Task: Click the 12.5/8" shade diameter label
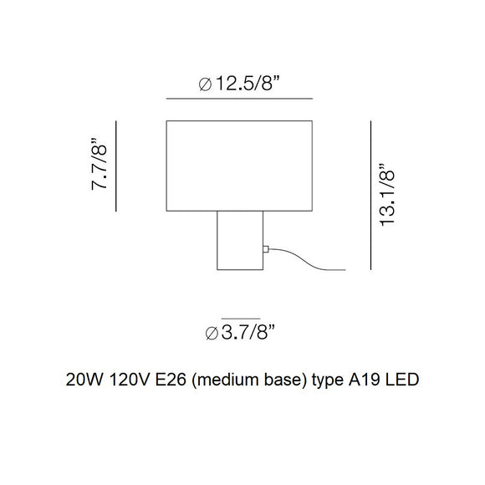point(239,84)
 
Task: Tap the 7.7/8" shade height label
point(99,164)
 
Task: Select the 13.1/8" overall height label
point(387,195)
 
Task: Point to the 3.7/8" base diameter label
point(240,333)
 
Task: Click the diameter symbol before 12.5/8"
point(205,84)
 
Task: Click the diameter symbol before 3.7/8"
point(212,334)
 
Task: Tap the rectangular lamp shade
point(239,166)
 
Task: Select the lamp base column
point(240,241)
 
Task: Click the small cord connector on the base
point(266,249)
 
